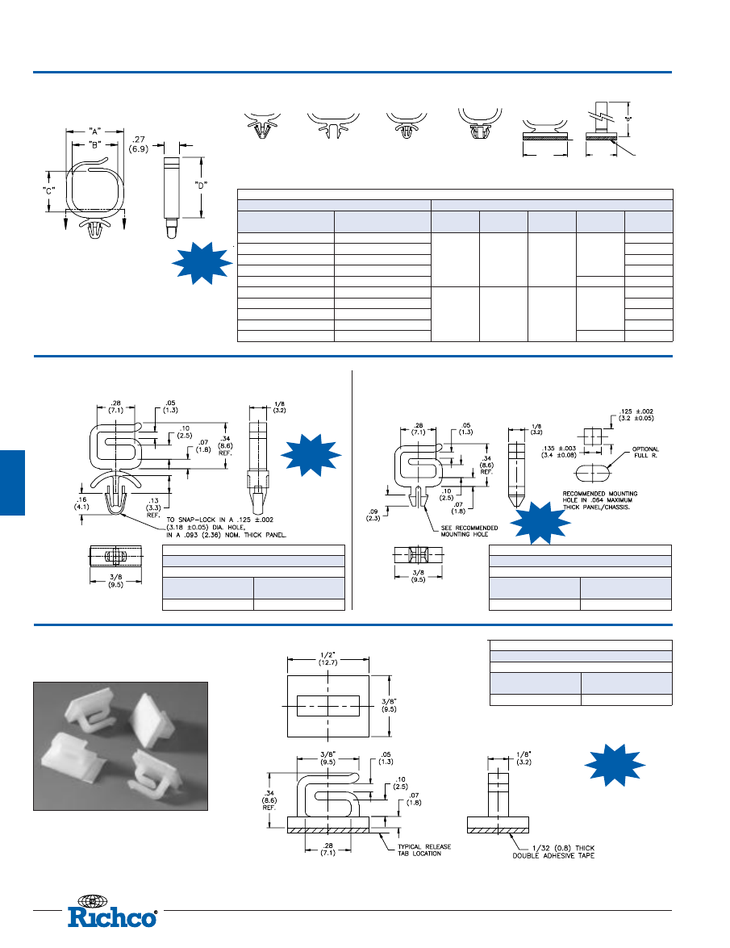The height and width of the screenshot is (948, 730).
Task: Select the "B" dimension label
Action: [x=95, y=145]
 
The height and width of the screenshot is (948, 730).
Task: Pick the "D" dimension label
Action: [x=202, y=184]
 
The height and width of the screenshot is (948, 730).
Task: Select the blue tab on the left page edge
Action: [x=12, y=482]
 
